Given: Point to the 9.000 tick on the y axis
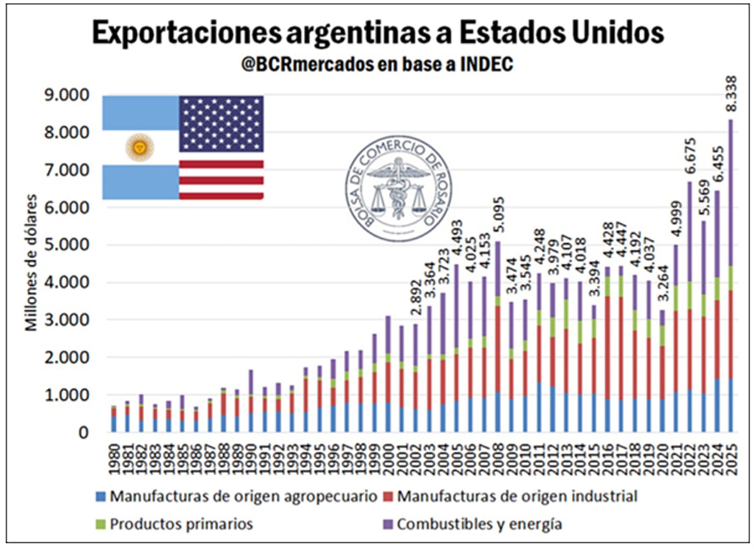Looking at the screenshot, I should click(x=67, y=95).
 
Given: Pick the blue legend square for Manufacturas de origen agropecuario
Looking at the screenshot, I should click(x=101, y=497).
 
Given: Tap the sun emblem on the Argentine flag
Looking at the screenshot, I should click(x=140, y=148).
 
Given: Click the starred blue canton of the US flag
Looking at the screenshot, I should click(x=221, y=124).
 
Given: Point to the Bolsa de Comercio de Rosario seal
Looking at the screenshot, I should click(x=398, y=189).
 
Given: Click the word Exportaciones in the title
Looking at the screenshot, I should click(x=187, y=33).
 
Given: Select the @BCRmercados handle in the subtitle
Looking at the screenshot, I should click(x=307, y=64).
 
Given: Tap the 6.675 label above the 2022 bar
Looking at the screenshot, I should click(x=690, y=156).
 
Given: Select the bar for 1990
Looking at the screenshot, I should click(x=251, y=401).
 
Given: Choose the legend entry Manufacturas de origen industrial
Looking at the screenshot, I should click(x=517, y=497).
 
